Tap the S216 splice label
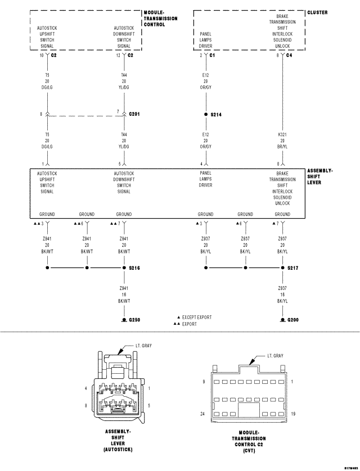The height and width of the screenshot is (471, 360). click(134, 268)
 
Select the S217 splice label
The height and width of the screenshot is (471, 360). click(292, 268)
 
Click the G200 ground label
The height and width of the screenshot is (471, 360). click(294, 320)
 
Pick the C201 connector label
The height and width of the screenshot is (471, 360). click(134, 114)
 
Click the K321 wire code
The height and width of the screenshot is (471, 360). click(282, 135)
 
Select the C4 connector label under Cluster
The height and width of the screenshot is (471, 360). click(289, 56)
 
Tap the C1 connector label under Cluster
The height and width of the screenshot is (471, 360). click(212, 56)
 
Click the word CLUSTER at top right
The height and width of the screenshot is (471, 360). click(317, 12)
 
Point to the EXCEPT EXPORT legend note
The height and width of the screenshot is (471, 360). click(196, 318)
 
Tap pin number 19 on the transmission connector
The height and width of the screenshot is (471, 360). click(293, 414)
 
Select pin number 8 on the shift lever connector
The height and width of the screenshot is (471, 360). click(86, 405)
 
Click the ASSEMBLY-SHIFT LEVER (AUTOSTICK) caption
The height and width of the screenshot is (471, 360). click(118, 441)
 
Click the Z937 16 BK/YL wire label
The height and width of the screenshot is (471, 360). click(282, 294)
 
